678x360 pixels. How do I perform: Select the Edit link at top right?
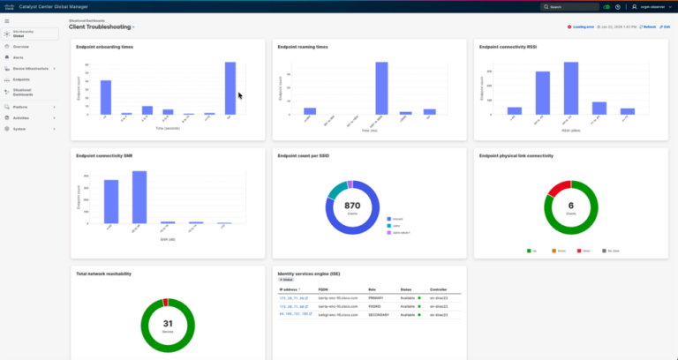click(x=666, y=27)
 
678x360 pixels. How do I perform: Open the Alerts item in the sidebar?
click(x=19, y=56)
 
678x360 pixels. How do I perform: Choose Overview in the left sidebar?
click(x=21, y=46)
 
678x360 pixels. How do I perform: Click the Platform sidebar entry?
click(x=21, y=107)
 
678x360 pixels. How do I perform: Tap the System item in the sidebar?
click(x=19, y=128)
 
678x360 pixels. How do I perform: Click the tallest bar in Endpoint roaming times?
click(x=381, y=88)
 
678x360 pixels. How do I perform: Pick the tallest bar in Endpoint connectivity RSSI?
click(x=571, y=88)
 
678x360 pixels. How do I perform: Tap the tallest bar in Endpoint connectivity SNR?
click(x=139, y=197)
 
